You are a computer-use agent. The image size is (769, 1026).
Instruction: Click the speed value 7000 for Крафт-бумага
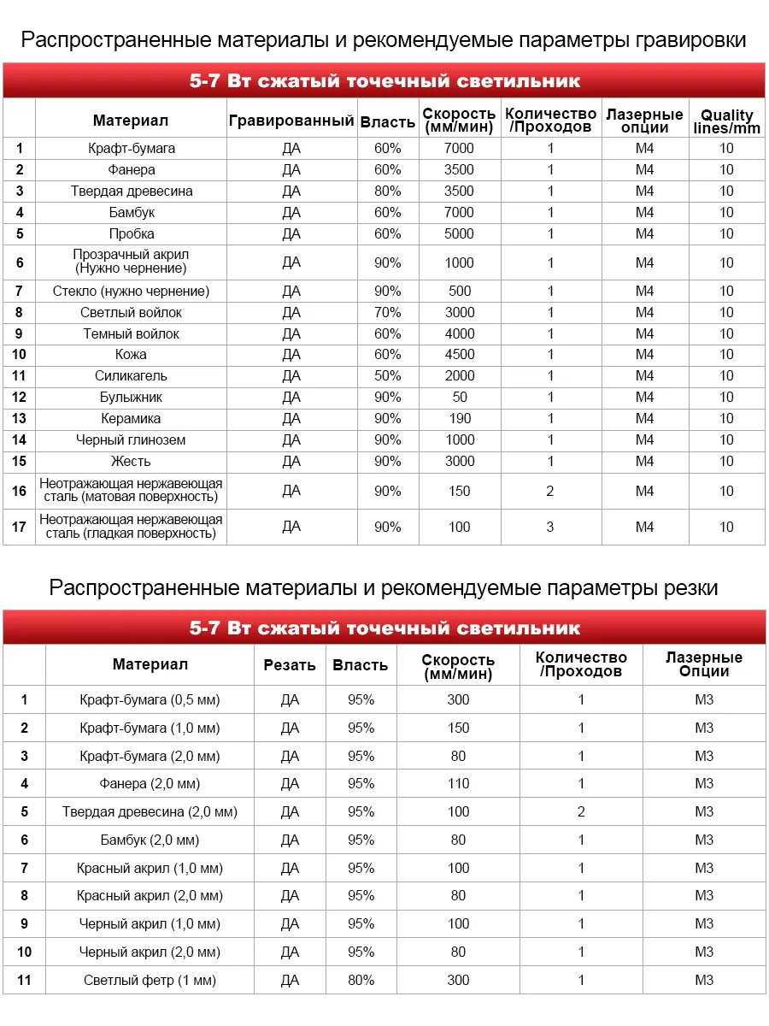(459, 148)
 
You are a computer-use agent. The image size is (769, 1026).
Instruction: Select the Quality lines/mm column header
(726, 121)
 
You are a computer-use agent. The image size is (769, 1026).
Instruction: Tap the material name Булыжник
(131, 397)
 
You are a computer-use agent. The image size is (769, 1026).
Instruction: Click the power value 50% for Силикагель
(387, 375)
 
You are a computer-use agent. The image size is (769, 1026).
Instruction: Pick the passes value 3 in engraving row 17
(550, 527)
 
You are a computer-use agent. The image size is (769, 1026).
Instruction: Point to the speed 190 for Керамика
(460, 418)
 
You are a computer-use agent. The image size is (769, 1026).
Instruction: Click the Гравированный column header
(291, 121)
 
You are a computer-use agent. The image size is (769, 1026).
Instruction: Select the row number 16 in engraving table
(19, 491)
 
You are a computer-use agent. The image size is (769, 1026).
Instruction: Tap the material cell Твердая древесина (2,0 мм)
(150, 811)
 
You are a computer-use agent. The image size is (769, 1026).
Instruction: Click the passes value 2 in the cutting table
(581, 811)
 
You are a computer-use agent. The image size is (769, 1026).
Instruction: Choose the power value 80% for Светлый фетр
(361, 980)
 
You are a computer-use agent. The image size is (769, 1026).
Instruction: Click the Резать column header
(290, 664)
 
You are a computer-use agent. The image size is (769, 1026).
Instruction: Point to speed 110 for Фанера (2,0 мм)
(459, 783)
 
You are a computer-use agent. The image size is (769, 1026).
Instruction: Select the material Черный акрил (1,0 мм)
(150, 923)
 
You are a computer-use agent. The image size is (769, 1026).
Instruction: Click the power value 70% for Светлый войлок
(387, 312)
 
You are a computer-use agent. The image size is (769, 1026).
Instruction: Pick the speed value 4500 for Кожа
(459, 354)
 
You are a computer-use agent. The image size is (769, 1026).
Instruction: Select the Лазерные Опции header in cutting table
(704, 664)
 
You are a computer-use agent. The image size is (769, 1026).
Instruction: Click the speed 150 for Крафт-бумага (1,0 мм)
(459, 728)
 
